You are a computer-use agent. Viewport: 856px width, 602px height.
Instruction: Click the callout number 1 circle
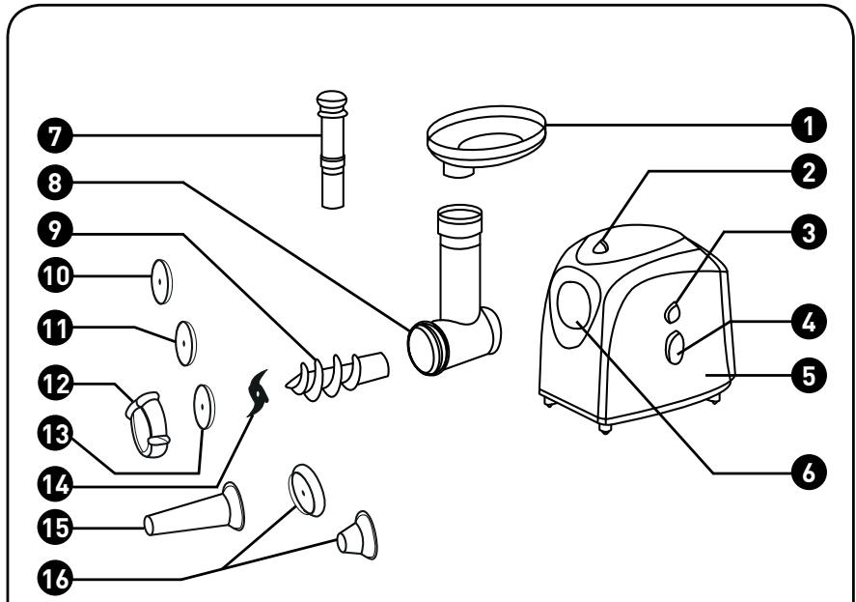point(809,126)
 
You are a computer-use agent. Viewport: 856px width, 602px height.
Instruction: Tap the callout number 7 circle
point(55,135)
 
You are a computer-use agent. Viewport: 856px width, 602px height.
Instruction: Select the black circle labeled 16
point(55,578)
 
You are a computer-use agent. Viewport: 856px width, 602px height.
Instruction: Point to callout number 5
point(809,376)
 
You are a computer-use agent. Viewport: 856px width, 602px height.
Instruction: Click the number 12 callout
point(55,384)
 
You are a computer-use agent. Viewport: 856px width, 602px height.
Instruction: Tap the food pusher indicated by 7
point(332,149)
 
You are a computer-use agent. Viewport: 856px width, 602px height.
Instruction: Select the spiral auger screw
point(337,375)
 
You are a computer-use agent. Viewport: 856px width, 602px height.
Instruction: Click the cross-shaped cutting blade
point(259,392)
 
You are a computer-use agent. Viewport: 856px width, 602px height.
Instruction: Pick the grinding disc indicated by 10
point(161,281)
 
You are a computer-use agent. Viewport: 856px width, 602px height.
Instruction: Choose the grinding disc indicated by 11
point(185,343)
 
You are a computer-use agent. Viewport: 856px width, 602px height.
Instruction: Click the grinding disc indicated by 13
point(204,407)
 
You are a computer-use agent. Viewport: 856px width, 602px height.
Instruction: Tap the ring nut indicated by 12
point(148,424)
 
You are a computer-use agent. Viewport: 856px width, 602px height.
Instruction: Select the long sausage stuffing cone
point(195,509)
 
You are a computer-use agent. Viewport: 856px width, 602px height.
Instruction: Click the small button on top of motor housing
point(600,247)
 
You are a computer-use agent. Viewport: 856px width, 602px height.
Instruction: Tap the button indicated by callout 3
point(673,312)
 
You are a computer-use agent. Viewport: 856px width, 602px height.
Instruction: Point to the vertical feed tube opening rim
point(459,211)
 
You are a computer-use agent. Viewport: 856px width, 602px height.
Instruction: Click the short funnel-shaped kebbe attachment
point(357,535)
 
